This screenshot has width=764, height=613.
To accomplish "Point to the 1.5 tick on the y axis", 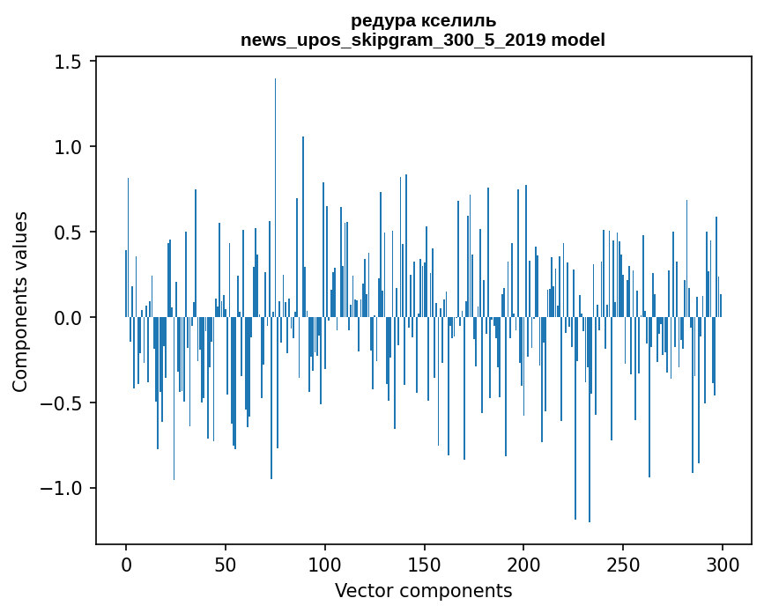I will pyautogui.click(x=71, y=62).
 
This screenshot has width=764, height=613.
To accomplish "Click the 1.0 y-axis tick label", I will pyautogui.click(x=71, y=147).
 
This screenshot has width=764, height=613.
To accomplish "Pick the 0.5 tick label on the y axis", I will pyautogui.click(x=71, y=233).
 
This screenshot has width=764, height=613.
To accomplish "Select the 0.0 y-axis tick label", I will pyautogui.click(x=71, y=318).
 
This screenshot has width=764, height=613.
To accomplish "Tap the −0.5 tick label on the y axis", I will pyautogui.click(x=66, y=403).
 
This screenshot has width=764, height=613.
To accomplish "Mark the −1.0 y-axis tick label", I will pyautogui.click(x=66, y=489).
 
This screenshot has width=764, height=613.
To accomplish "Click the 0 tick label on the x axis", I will pyautogui.click(x=126, y=564).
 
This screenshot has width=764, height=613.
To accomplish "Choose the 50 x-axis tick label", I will pyautogui.click(x=226, y=564).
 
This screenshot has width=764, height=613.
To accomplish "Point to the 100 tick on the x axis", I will pyautogui.click(x=325, y=564).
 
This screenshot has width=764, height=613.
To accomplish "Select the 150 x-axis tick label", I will pyautogui.click(x=425, y=564).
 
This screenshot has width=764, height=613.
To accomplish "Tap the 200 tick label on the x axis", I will pyautogui.click(x=523, y=564).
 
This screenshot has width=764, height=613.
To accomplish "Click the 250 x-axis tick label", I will pyautogui.click(x=623, y=564).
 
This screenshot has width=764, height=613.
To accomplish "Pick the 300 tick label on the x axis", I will pyautogui.click(x=723, y=564).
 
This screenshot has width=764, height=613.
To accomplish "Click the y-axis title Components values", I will pyautogui.click(x=20, y=301).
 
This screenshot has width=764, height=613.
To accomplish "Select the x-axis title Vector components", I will pyautogui.click(x=423, y=591).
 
